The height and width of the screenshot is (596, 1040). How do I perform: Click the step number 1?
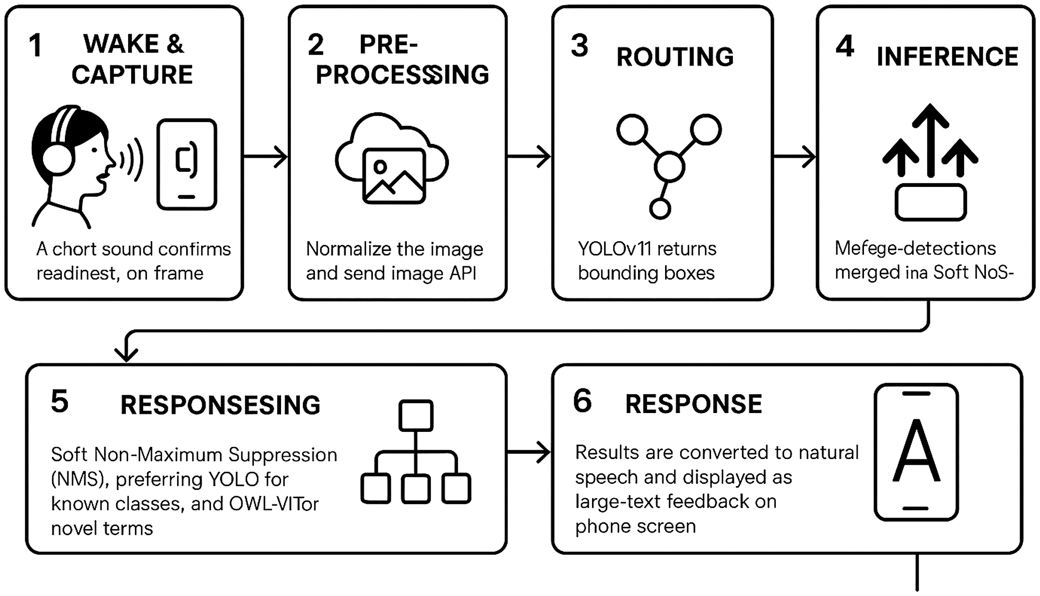[35, 46]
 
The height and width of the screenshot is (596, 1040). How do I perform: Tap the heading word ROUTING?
[675, 57]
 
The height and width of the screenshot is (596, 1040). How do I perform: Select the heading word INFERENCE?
[947, 57]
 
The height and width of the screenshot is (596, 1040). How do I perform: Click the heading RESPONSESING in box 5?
[220, 405]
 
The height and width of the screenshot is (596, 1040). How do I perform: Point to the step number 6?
[582, 401]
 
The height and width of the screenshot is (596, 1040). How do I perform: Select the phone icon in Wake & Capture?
[187, 165]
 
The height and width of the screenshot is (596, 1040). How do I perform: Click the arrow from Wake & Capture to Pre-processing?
[266, 156]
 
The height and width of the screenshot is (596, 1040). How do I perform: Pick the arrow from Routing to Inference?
[794, 156]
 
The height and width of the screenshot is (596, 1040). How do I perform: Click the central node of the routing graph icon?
[669, 167]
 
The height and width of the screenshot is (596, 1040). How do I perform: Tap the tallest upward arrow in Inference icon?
[930, 140]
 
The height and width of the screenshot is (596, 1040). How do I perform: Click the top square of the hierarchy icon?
[416, 415]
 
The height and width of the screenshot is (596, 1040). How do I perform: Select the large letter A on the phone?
[916, 451]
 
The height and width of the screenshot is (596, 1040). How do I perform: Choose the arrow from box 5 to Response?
[529, 451]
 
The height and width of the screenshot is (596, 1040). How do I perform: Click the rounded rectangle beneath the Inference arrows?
[930, 203]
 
